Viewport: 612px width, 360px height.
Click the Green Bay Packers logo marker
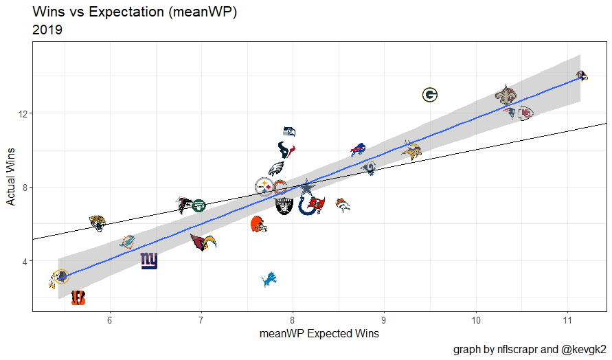tap(430, 95)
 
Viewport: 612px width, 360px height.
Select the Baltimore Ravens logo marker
tap(581, 76)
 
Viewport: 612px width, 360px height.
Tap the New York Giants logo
tap(149, 261)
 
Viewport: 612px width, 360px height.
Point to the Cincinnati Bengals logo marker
tap(78, 297)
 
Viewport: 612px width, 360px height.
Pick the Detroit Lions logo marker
tap(269, 280)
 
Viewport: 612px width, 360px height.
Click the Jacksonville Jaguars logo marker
tap(98, 223)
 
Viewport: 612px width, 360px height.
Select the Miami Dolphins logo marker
tap(127, 242)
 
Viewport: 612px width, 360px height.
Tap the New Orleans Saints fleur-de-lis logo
tap(506, 95)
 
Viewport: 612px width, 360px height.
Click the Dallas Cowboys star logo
tap(307, 187)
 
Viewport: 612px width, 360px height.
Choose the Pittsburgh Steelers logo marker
tap(264, 186)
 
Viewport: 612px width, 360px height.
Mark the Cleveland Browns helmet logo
tap(257, 223)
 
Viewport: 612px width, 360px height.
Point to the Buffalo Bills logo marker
tap(358, 150)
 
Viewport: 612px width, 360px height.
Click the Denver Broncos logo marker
tap(343, 205)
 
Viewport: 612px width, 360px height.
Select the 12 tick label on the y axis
tap(21, 113)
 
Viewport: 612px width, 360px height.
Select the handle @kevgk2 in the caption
tap(583, 349)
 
